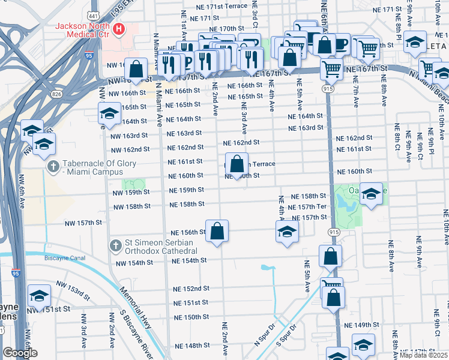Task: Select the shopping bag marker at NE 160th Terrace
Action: [x=238, y=163]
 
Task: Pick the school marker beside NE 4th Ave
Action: [x=288, y=231]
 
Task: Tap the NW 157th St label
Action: [x=84, y=223]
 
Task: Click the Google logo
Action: [x=20, y=353]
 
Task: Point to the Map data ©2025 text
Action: [x=423, y=355]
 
